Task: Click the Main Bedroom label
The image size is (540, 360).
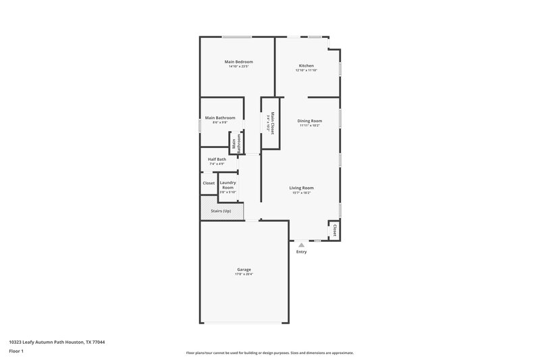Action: [x=239, y=61]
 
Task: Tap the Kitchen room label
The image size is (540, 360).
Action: [x=306, y=66]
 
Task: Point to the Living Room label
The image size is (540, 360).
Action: [x=302, y=187]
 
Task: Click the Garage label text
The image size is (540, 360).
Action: [x=244, y=269]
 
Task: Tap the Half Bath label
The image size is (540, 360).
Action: [x=217, y=159]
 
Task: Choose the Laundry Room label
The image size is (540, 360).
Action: [x=227, y=184]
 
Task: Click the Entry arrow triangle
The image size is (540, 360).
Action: [x=301, y=245]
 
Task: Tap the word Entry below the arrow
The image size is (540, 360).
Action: [x=301, y=252]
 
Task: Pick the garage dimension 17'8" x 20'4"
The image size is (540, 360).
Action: [x=244, y=274]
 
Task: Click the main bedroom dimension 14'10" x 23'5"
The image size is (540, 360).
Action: [x=239, y=66]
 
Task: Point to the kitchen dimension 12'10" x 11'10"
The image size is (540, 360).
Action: [x=306, y=70]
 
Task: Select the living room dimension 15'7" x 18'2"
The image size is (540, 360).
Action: [x=302, y=192]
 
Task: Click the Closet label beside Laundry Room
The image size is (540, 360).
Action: [x=209, y=183]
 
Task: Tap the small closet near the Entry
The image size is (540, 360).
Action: [x=333, y=230]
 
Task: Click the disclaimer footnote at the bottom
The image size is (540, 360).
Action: [x=270, y=353]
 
